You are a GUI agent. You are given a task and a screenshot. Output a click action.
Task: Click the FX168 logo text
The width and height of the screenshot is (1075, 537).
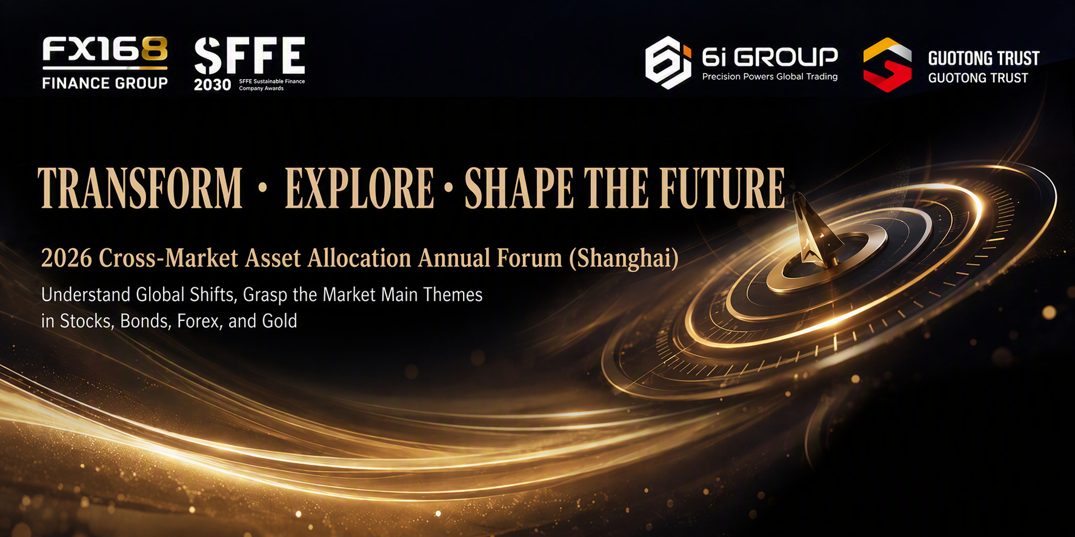(105, 49)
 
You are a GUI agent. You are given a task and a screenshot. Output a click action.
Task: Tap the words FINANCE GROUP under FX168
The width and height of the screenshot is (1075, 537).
(105, 83)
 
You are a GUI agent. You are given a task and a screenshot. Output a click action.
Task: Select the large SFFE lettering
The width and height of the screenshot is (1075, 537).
(250, 55)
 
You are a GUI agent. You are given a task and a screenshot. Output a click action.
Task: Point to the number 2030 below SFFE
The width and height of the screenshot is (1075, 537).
(213, 85)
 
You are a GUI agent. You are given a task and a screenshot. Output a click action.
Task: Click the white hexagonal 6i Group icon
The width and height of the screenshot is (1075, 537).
(668, 62)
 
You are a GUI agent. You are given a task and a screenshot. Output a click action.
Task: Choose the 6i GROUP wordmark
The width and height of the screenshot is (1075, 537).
(770, 58)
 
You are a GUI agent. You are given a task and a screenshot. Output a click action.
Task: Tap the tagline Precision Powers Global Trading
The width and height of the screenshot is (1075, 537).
(770, 77)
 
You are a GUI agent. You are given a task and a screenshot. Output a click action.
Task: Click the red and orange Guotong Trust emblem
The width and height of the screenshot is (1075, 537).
(887, 65)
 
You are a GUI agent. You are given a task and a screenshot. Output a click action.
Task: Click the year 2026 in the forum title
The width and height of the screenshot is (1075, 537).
(67, 259)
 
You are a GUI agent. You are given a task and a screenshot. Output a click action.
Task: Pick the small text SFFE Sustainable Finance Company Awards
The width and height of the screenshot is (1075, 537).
(272, 85)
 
